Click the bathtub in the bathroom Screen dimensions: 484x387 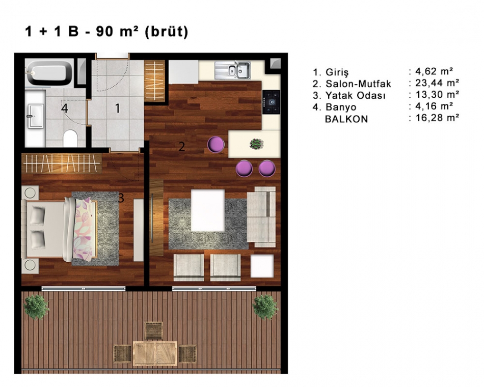click(x=49, y=73)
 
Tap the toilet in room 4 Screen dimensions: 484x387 click(x=70, y=139)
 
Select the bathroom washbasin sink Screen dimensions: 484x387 click(x=36, y=116)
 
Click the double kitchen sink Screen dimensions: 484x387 click(x=232, y=70)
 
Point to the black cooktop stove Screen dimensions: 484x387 click(x=272, y=102)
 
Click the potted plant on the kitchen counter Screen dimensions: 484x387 click(x=256, y=144)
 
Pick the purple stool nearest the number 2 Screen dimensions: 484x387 click(x=216, y=145)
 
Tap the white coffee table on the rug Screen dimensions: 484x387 click(x=208, y=210)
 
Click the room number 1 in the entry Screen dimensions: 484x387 click(x=118, y=108)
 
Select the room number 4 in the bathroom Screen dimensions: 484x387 click(x=65, y=108)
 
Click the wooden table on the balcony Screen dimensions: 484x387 click(x=155, y=353)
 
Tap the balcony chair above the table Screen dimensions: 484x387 click(x=154, y=331)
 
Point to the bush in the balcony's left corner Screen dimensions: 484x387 click(x=36, y=307)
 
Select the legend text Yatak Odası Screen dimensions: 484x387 click(x=355, y=95)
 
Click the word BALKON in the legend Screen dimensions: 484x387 click(x=346, y=119)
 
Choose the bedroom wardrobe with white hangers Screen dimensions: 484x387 click(x=62, y=162)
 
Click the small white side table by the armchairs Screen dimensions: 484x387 click(x=262, y=266)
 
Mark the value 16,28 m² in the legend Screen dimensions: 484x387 click(x=437, y=118)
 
